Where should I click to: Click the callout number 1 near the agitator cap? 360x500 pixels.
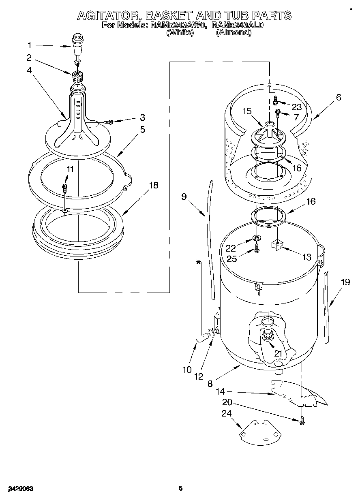(x=29, y=45)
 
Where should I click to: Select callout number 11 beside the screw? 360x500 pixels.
(x=70, y=169)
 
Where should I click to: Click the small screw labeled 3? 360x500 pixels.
(x=108, y=121)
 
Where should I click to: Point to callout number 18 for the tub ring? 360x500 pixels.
(x=154, y=185)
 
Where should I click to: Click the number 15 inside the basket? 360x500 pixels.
(x=247, y=111)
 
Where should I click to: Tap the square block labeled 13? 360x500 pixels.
(x=277, y=245)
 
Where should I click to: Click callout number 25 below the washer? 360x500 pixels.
(x=232, y=259)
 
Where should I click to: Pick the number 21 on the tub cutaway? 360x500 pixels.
(x=278, y=353)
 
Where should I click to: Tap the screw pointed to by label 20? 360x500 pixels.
(x=302, y=421)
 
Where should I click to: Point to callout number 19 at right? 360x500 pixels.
(x=345, y=282)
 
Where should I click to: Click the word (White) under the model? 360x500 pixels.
(x=179, y=33)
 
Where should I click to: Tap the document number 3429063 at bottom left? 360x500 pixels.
(x=19, y=489)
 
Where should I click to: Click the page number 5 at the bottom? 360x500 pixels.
(x=181, y=489)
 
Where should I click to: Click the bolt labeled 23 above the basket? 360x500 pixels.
(x=276, y=98)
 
